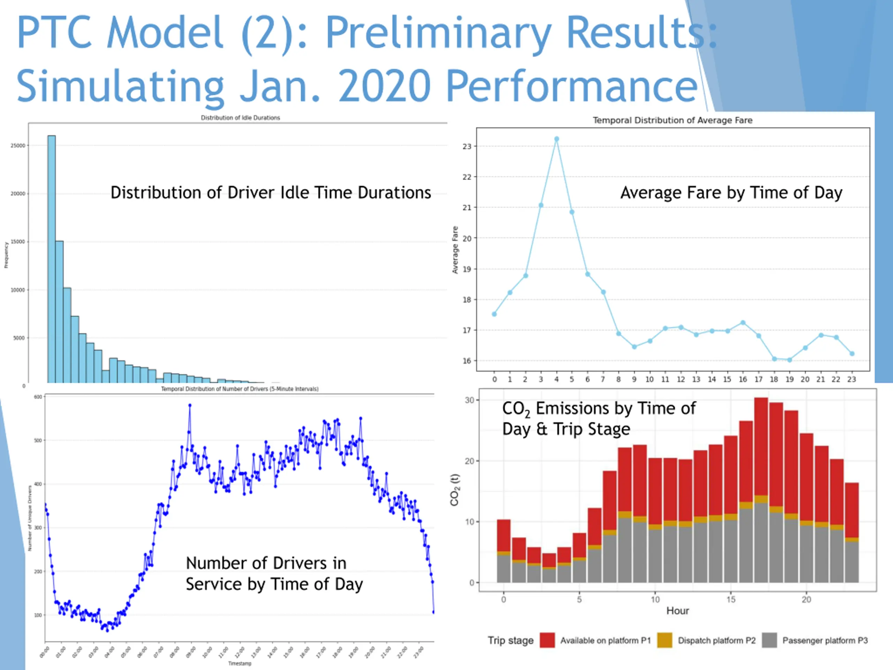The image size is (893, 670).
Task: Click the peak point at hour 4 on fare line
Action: coord(556,139)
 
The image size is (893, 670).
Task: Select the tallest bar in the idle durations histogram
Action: coord(52,259)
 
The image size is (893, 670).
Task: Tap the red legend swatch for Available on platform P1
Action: coord(547,640)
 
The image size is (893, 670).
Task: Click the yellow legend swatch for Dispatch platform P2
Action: coord(665,640)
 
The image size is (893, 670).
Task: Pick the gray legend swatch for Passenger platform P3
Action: coord(770,640)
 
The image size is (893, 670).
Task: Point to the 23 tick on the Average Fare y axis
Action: coord(467,146)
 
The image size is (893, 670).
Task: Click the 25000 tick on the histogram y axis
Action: coord(18,146)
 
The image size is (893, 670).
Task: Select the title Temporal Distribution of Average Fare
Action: coord(672,120)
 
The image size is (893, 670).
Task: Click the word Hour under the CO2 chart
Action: coord(677,611)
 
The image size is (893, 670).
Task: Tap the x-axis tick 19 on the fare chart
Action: coord(789,379)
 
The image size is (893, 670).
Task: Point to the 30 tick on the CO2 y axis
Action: coord(469,400)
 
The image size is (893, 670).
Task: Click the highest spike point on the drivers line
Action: coord(190,405)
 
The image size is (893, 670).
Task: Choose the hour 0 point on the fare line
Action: coord(494,314)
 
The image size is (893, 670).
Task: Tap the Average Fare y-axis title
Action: coord(455,250)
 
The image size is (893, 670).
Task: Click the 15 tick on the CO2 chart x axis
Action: coord(731,599)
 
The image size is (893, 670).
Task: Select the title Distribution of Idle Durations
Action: coord(240,118)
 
